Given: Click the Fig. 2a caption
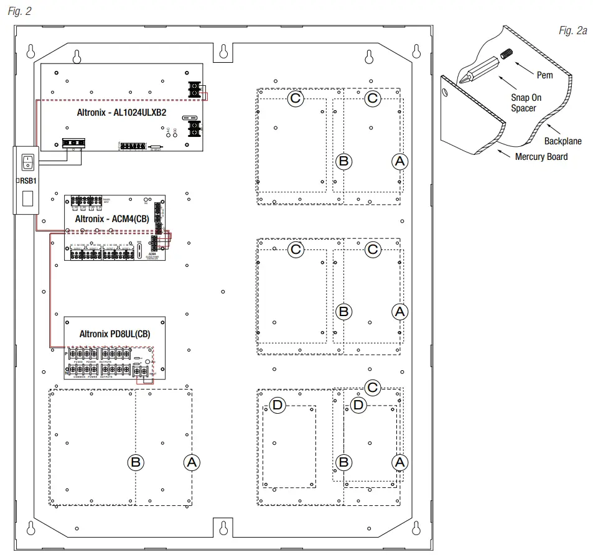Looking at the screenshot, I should [573, 31].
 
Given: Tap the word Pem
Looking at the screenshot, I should [544, 75].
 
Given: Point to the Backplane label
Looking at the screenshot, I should [563, 141].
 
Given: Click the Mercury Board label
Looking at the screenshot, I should [541, 157].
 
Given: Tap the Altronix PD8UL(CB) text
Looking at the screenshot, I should [114, 333].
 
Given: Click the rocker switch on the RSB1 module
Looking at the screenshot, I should [26, 163].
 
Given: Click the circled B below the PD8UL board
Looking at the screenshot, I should [136, 462].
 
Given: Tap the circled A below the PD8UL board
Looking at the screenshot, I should [192, 462].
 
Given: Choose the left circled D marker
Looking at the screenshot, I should [278, 406].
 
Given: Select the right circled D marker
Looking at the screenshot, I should [357, 406].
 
